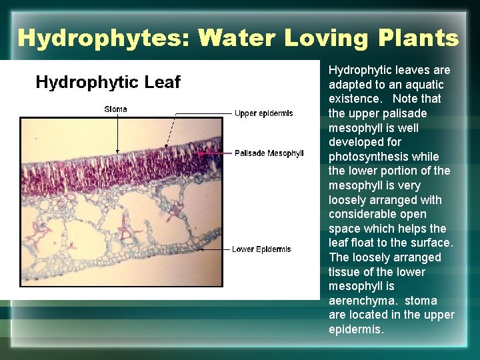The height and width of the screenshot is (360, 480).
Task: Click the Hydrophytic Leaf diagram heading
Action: tap(108, 82)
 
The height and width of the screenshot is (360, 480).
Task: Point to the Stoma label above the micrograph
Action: tap(115, 109)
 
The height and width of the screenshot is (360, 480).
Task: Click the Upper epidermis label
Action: tap(263, 113)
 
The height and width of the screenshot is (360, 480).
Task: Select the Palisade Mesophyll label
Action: tap(269, 153)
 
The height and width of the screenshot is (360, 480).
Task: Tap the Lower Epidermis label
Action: tap(261, 249)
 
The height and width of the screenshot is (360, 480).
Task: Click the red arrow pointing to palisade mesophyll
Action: tap(213, 153)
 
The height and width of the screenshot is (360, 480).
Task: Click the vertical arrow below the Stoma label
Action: tap(118, 133)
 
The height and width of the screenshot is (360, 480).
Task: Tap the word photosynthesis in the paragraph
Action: tap(364, 157)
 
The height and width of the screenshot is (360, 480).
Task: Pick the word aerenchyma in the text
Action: tap(361, 301)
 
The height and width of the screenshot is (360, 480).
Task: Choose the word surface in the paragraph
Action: tap(434, 243)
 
